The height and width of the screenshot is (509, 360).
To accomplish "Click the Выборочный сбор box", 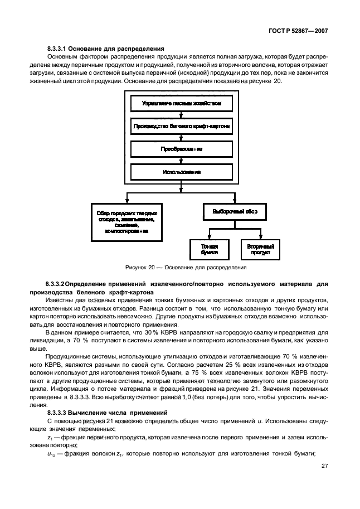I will pos(235,212).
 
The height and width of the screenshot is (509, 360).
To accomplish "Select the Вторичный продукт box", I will pos(260,249).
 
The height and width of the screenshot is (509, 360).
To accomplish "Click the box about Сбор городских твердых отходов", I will pos(128,221).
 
